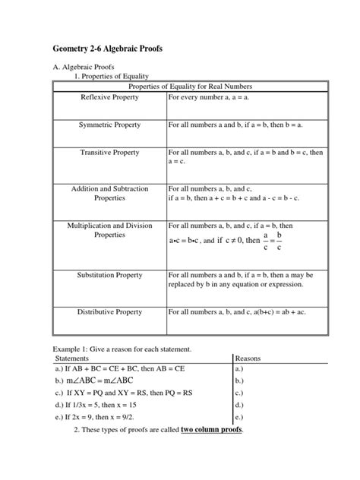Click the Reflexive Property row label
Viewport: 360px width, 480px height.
pyautogui.click(x=110, y=98)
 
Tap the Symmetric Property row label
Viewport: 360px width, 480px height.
pyautogui.click(x=110, y=123)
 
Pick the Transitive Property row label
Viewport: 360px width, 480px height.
pyautogui.click(x=110, y=153)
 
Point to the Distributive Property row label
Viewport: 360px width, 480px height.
pyautogui.click(x=110, y=311)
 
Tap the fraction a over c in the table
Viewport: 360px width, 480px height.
pyautogui.click(x=265, y=242)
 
